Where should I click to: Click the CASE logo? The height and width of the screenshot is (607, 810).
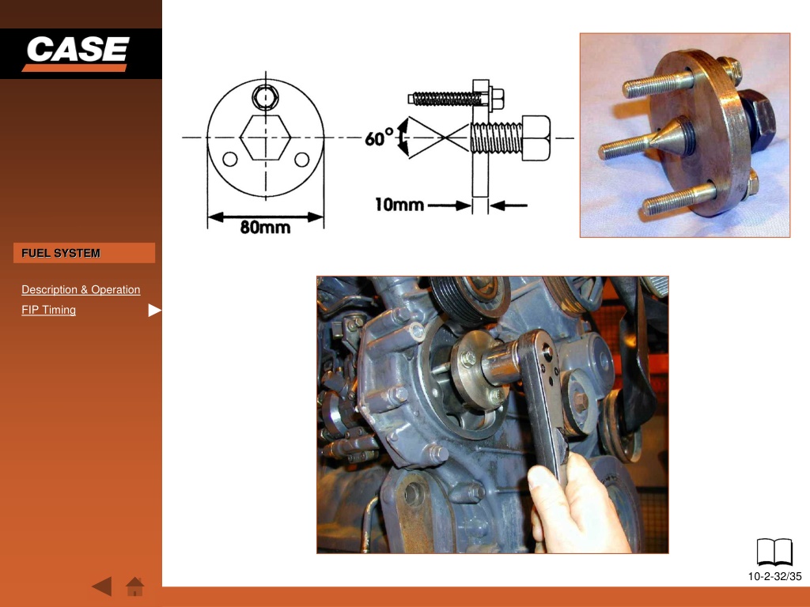(x=77, y=53)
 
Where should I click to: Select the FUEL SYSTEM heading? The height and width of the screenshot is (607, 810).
(x=60, y=253)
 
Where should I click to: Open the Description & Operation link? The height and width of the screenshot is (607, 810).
(x=81, y=289)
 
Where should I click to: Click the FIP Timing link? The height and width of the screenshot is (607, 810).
(x=48, y=310)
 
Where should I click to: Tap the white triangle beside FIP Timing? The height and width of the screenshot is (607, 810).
(x=154, y=310)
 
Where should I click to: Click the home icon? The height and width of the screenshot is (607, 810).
(x=134, y=586)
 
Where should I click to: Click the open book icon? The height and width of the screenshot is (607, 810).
(x=774, y=552)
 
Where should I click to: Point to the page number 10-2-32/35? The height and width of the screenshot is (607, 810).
(x=774, y=576)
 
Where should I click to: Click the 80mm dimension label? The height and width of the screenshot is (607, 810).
(x=265, y=227)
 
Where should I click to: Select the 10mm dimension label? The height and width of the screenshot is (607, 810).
(x=399, y=205)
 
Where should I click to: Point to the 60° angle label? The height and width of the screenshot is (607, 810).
(x=379, y=138)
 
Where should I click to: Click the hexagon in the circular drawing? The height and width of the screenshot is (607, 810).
(x=266, y=138)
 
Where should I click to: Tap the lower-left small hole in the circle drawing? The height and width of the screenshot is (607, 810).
(x=230, y=159)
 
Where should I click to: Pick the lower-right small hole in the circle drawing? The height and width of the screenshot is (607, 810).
(x=301, y=159)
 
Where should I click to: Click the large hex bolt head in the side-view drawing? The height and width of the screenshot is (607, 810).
(x=536, y=138)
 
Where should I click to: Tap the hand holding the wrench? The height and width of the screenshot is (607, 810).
(x=576, y=503)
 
